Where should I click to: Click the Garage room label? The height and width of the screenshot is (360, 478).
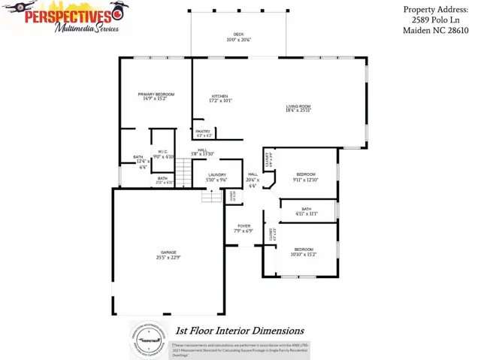tap(168, 252)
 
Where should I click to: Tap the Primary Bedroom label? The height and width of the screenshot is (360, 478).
tap(156, 94)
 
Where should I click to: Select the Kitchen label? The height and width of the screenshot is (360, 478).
tap(219, 96)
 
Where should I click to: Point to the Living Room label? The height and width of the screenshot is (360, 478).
tap(298, 107)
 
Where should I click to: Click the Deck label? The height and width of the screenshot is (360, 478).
tap(238, 35)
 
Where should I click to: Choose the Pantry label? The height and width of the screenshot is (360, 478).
tap(204, 132)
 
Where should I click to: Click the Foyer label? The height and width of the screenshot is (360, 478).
tap(244, 225)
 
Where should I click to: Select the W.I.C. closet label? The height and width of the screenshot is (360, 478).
tap(162, 151)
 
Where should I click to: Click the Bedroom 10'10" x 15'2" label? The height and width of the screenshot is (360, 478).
tap(304, 249)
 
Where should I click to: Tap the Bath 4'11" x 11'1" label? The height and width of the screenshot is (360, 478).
tap(306, 209)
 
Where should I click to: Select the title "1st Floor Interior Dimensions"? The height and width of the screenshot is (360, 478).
tap(239, 330)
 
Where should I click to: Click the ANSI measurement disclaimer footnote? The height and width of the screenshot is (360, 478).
tap(240, 347)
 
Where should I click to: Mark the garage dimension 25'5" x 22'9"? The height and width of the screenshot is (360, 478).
tap(168, 258)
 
